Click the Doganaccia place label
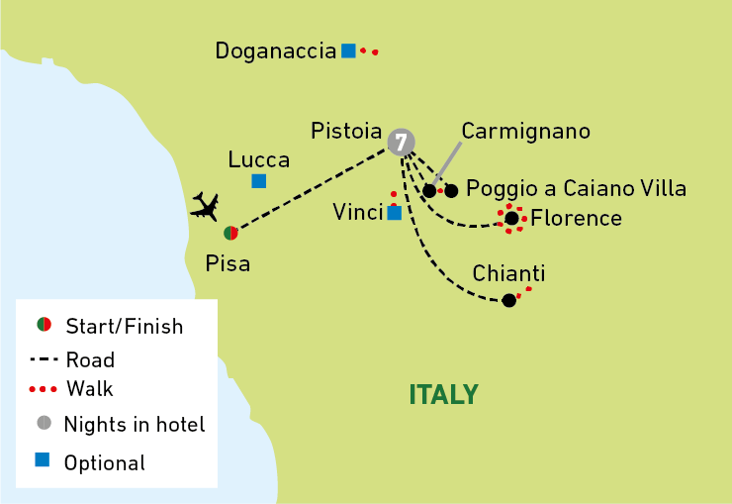click(276, 50)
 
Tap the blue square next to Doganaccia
click(348, 50)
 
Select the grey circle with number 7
click(401, 143)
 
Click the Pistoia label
click(346, 131)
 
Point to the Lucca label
click(258, 159)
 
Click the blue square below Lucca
click(258, 180)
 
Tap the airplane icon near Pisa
click(205, 206)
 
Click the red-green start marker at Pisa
click(230, 233)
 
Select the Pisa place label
click(228, 263)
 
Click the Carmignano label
click(525, 131)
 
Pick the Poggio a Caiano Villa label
click(576, 188)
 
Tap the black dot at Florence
click(511, 218)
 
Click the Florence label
click(576, 218)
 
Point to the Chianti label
click(508, 273)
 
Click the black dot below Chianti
click(508, 300)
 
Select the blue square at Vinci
click(394, 212)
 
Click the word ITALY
click(444, 395)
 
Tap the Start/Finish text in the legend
click(124, 326)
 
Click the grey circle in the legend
click(44, 424)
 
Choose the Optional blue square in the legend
click(44, 460)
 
